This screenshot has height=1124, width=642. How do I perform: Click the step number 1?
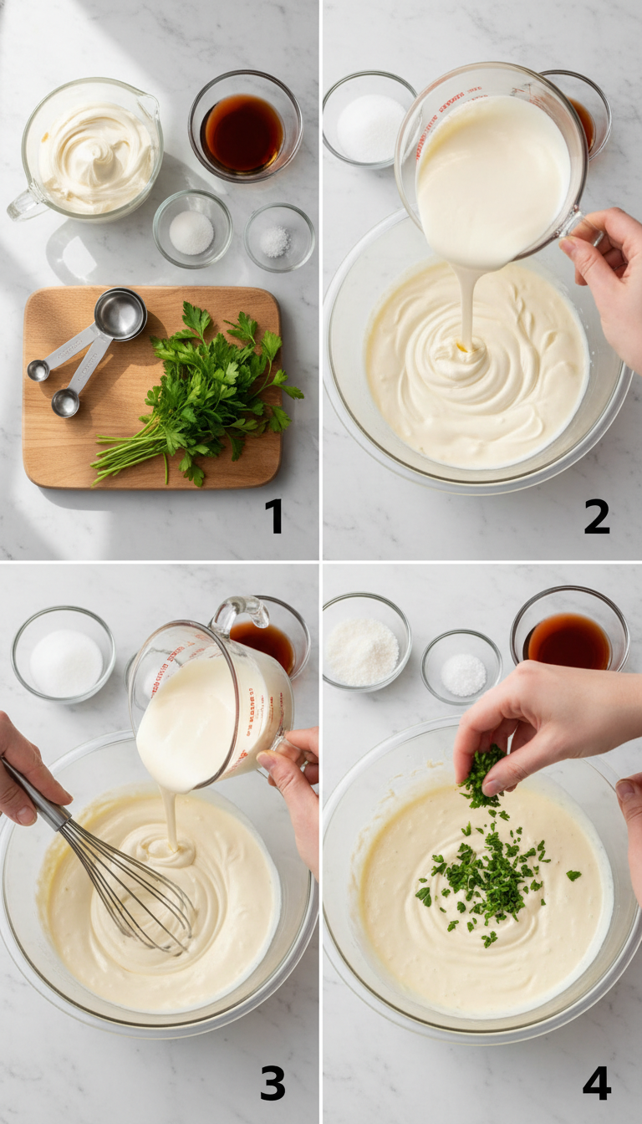(274, 516)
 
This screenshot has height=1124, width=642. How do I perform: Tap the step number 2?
(597, 516)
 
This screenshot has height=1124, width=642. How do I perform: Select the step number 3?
(273, 1083)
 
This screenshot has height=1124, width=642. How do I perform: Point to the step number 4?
(596, 1083)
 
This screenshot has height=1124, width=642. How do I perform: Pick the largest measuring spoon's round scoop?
(120, 315)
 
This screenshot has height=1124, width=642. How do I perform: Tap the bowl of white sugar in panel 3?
(65, 661)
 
